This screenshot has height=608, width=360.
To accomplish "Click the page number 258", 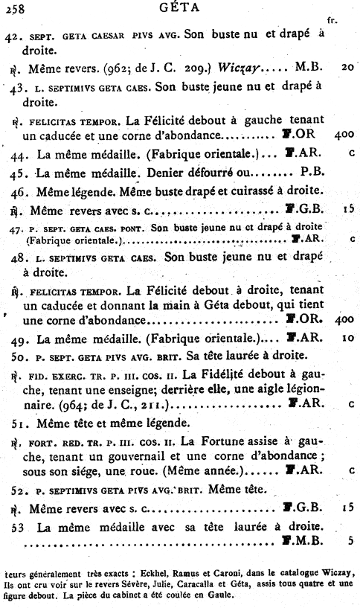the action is click(x=14, y=8).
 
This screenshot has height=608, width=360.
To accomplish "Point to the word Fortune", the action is click(x=223, y=441).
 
